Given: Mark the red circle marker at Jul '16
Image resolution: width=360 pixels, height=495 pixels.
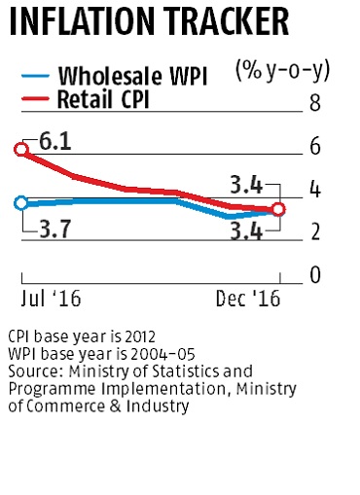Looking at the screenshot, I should pyautogui.click(x=21, y=149).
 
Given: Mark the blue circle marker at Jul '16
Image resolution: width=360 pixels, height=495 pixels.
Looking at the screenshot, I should pyautogui.click(x=21, y=202).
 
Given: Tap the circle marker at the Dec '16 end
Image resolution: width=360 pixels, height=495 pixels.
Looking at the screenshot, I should pyautogui.click(x=278, y=209).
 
